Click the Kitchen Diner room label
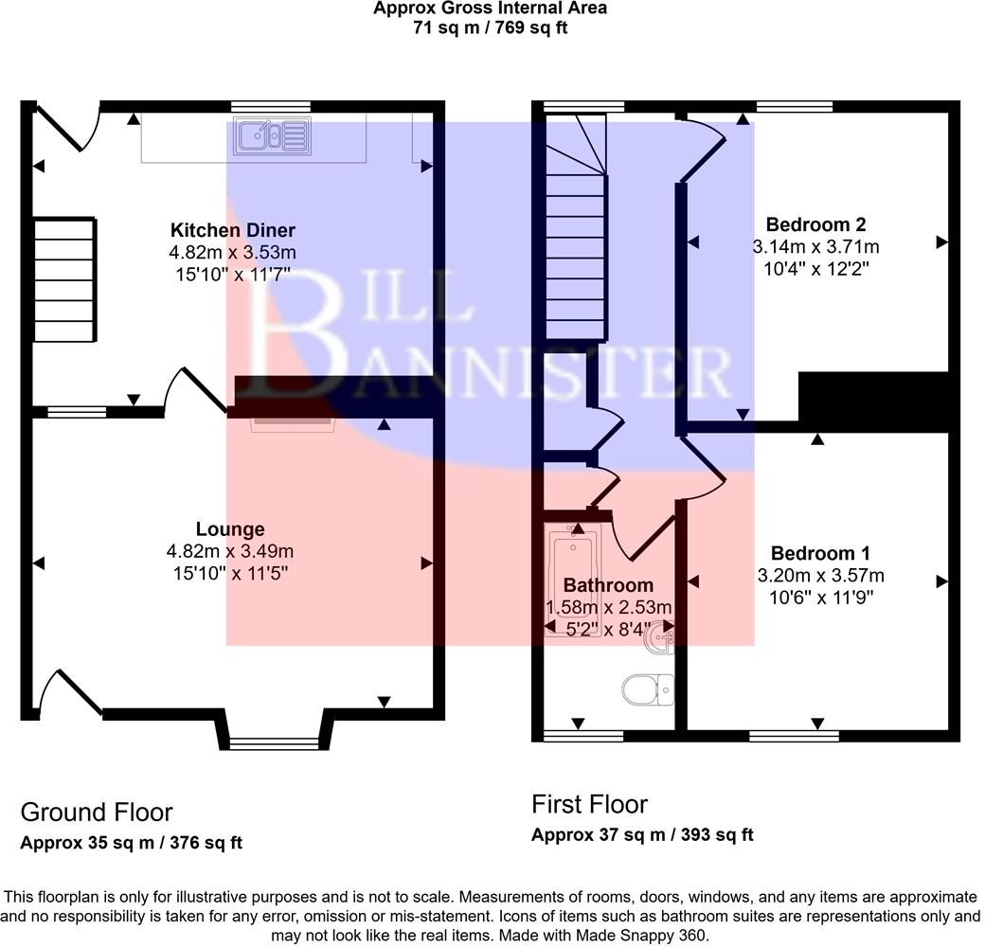(x=233, y=230)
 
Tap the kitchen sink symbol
(x=273, y=135)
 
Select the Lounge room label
(x=230, y=529)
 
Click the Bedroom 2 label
(x=815, y=224)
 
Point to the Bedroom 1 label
(x=820, y=553)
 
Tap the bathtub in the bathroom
(x=571, y=578)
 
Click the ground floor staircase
(x=64, y=279)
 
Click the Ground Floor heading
(x=97, y=813)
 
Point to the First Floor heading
(x=589, y=805)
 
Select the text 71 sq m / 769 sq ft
(x=490, y=27)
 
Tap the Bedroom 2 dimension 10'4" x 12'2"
(x=815, y=268)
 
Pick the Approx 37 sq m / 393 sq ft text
(x=642, y=835)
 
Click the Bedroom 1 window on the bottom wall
(x=793, y=734)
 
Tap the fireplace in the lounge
(x=292, y=422)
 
